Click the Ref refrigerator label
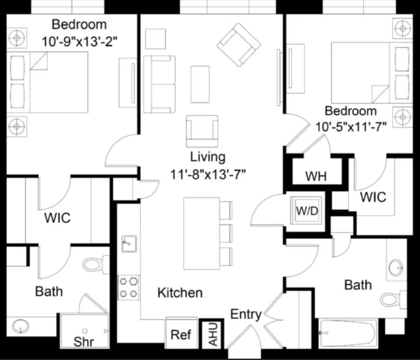click(181, 335)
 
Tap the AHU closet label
click(213, 334)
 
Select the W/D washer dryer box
click(306, 210)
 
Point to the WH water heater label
click(316, 176)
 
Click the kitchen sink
click(130, 243)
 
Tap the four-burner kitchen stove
click(128, 288)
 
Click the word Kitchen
click(180, 293)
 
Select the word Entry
click(246, 315)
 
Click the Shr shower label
click(84, 342)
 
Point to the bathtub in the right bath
click(348, 333)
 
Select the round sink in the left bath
click(20, 326)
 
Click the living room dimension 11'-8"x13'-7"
click(208, 175)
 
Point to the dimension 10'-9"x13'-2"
click(80, 42)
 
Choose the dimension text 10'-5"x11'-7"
click(351, 127)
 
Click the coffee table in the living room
click(200, 84)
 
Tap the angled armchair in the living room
click(239, 45)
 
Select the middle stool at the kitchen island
click(226, 234)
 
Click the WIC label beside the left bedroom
click(57, 218)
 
